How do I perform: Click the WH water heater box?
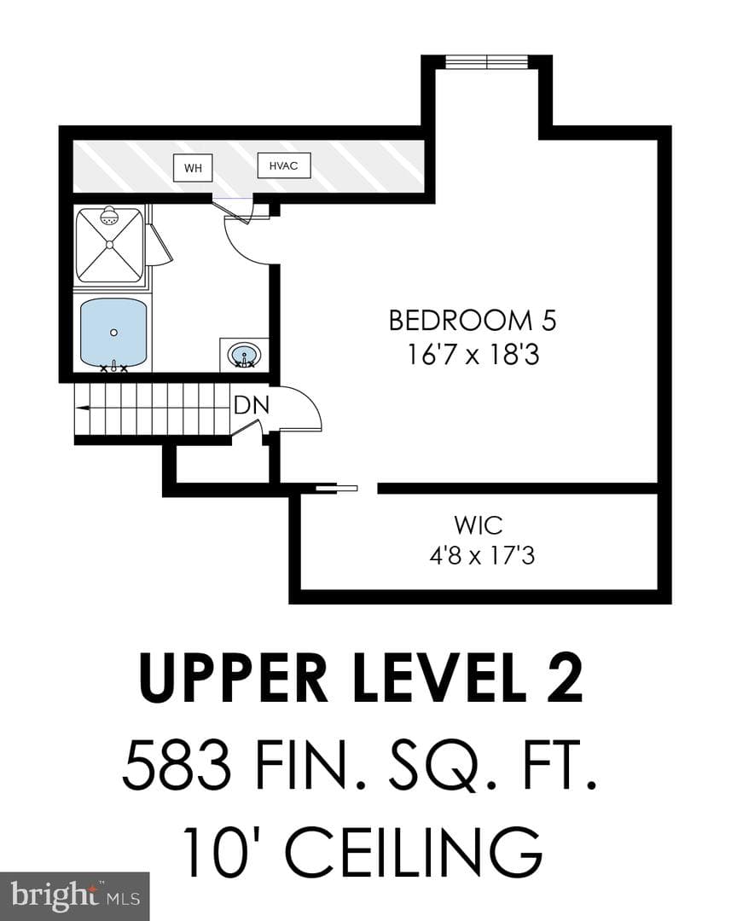[x=193, y=167]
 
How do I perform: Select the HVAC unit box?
[x=284, y=165]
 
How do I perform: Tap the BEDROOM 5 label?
[x=473, y=320]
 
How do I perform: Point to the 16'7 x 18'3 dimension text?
[x=473, y=355]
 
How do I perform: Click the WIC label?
[x=479, y=525]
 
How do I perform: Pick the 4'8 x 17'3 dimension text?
[x=482, y=555]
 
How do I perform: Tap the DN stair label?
[x=252, y=405]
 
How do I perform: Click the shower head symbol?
[x=109, y=216]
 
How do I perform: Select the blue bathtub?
[x=113, y=333]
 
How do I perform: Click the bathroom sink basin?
[x=245, y=356]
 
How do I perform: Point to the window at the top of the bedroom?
[x=487, y=61]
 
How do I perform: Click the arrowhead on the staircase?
[x=82, y=407]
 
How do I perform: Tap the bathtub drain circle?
[x=114, y=333]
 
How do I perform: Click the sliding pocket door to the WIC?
[x=337, y=488]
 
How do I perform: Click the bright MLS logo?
[x=74, y=896]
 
